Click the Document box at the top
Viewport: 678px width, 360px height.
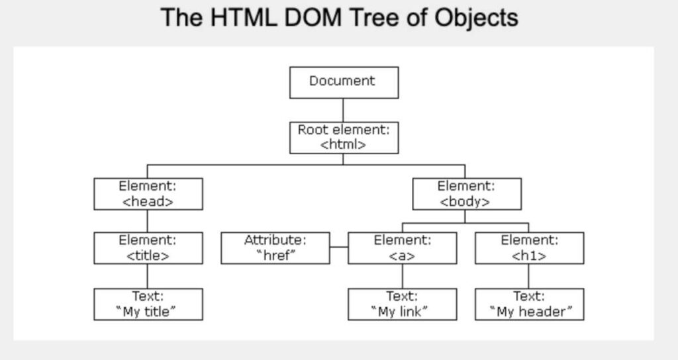(x=344, y=82)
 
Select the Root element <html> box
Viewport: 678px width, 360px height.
(x=344, y=138)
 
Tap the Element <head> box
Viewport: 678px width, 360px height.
(x=148, y=194)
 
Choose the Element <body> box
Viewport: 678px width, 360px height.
(x=466, y=194)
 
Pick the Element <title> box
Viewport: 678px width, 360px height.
(x=148, y=248)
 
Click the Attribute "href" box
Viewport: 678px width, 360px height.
(x=275, y=248)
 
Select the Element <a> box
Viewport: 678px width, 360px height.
(x=402, y=248)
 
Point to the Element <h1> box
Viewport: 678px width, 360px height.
(x=529, y=248)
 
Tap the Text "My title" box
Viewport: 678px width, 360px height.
(x=148, y=304)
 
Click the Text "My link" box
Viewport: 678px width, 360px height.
(x=402, y=304)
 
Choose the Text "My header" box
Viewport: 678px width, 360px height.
(x=529, y=304)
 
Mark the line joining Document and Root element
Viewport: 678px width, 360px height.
(x=344, y=110)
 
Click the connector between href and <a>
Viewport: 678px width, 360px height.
(x=338, y=247)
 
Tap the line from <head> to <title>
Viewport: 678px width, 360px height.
(x=148, y=221)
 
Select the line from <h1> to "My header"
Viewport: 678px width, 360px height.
(x=529, y=276)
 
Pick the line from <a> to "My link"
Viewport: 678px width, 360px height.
(x=402, y=276)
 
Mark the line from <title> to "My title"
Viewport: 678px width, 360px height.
(x=148, y=276)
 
